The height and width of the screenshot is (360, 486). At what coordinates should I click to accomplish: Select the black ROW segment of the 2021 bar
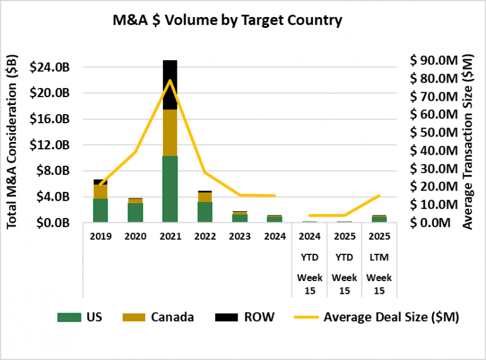coord(170,84)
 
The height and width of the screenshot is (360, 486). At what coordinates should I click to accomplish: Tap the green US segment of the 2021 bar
coord(170,189)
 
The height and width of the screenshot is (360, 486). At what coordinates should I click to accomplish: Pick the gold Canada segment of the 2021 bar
coord(170,132)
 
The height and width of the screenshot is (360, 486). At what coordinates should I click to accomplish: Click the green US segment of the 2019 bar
coord(101,210)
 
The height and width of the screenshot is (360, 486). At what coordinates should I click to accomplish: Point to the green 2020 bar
coord(135,212)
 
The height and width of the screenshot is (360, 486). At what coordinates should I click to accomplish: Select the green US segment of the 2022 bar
coord(205,212)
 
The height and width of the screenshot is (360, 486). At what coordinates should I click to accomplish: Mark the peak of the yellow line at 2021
coord(170,80)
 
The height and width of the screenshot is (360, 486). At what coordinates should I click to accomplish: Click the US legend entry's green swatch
coord(67,317)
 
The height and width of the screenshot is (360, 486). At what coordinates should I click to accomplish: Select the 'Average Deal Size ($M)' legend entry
coord(377,317)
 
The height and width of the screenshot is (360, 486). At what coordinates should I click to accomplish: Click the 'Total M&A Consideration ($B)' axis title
coord(13,141)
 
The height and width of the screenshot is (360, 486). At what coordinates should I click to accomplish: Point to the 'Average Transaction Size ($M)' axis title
coord(467,141)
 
